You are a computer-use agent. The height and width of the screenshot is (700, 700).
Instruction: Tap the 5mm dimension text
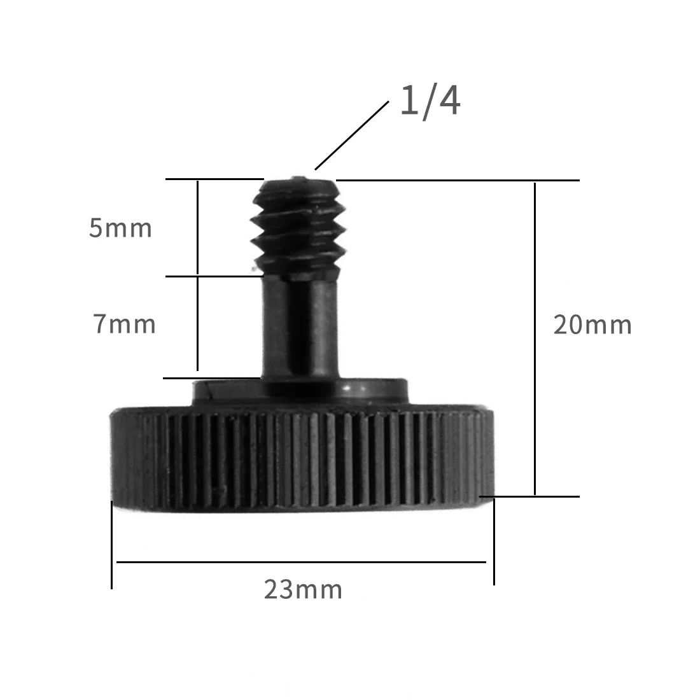(120, 228)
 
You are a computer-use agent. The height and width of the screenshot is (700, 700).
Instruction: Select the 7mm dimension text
(125, 325)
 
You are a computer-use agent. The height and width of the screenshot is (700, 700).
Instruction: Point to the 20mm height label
(592, 325)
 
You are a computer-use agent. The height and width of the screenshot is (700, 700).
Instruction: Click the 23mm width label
(303, 590)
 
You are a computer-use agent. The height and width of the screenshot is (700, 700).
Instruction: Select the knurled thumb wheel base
(302, 458)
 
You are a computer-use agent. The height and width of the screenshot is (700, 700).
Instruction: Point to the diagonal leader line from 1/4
(351, 135)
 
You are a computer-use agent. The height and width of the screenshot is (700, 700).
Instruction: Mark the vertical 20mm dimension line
(535, 337)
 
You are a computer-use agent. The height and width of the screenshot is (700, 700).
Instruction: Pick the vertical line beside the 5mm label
(198, 228)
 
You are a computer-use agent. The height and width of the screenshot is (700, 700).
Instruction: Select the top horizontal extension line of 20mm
(458, 180)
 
